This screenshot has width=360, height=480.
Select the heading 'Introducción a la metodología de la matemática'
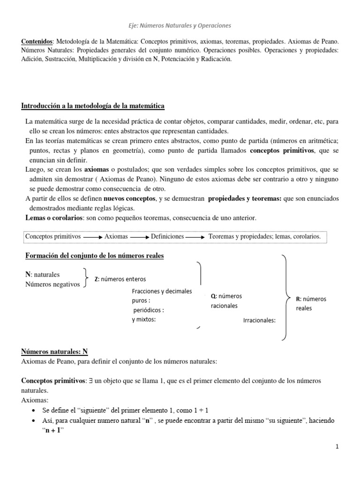(93, 106)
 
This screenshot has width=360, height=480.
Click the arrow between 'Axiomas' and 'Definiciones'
(139, 238)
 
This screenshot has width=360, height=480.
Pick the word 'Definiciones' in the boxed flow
(167, 237)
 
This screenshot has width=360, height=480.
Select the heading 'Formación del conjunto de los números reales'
(94, 255)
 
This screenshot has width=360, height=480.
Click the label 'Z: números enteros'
(120, 279)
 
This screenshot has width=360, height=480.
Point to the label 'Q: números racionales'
(224, 301)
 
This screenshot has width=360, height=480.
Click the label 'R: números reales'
(311, 303)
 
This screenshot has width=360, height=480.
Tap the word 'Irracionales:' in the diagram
(259, 321)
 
